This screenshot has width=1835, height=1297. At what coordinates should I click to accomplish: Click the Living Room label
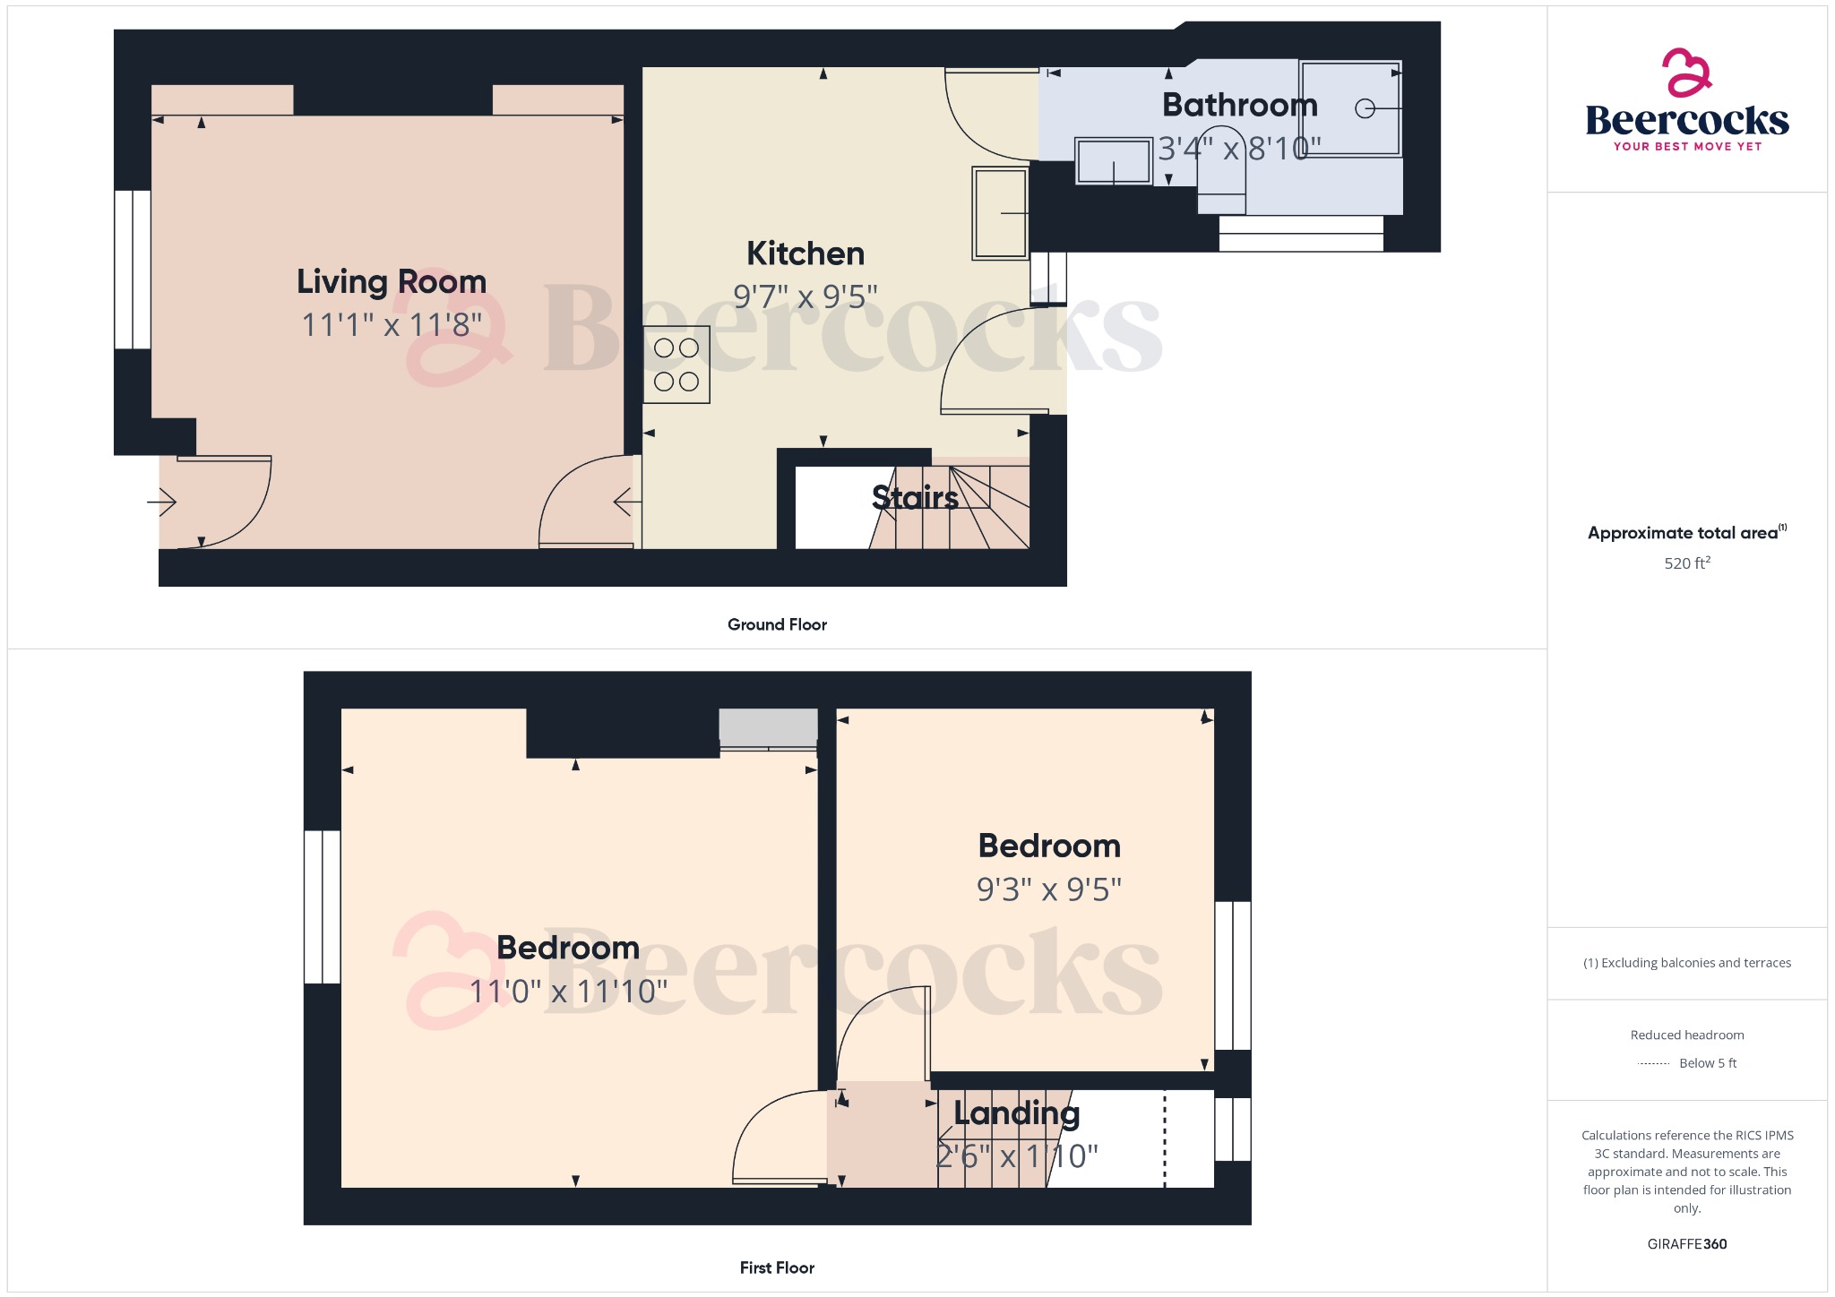[x=392, y=282]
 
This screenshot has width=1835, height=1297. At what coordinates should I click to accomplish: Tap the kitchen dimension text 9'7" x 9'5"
[x=805, y=296]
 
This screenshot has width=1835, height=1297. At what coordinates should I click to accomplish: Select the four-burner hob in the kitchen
[x=676, y=365]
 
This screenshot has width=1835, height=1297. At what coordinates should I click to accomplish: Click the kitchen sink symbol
[x=1000, y=213]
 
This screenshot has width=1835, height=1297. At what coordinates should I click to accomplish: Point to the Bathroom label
[x=1239, y=106]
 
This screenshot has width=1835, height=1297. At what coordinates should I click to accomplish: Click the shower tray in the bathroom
[x=1350, y=108]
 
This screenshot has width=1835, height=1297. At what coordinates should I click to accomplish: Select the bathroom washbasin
[x=1113, y=161]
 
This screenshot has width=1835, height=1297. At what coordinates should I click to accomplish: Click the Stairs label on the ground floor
[x=915, y=497]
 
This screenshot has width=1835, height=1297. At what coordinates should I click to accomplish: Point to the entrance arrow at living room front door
[x=162, y=502]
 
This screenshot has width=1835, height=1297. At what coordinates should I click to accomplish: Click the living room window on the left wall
[x=133, y=269]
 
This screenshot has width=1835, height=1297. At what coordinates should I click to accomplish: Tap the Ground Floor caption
[x=777, y=624]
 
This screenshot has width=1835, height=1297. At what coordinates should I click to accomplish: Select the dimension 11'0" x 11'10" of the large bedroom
[x=569, y=992]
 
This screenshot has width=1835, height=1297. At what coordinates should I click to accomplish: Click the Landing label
[x=1016, y=1112]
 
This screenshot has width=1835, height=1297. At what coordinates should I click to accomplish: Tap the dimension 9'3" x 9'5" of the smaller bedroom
[x=1048, y=889]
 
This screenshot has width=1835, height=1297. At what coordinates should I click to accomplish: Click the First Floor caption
[x=777, y=1267]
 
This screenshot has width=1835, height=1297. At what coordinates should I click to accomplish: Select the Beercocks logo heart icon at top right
[x=1686, y=73]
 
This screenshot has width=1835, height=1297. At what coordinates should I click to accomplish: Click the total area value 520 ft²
[x=1686, y=563]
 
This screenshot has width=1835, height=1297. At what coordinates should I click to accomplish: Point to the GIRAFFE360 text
[x=1686, y=1244]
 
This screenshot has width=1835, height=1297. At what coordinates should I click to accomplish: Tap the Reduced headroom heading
[x=1686, y=1035]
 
